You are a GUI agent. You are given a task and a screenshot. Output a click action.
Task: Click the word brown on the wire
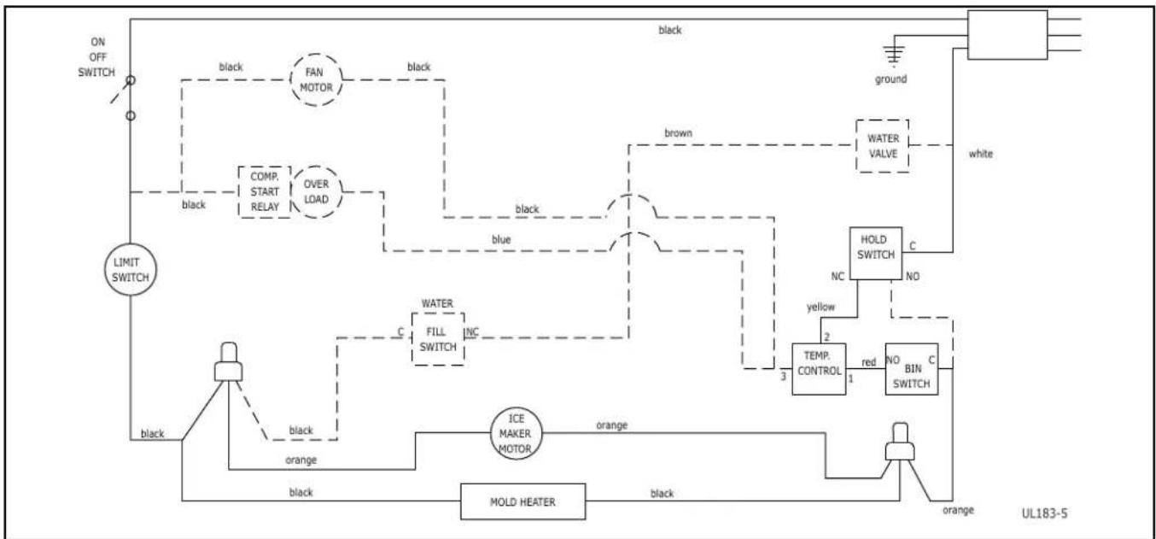678,133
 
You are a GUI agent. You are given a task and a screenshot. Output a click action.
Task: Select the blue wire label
501,239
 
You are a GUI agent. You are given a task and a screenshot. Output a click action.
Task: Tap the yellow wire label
820,308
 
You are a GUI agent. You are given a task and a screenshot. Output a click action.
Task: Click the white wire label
980,154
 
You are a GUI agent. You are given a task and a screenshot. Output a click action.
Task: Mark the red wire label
868,362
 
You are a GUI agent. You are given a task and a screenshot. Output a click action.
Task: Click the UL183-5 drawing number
1044,513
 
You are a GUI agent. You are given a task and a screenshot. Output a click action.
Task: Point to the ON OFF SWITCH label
96,57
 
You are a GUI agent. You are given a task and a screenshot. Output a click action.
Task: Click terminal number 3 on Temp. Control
784,377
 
